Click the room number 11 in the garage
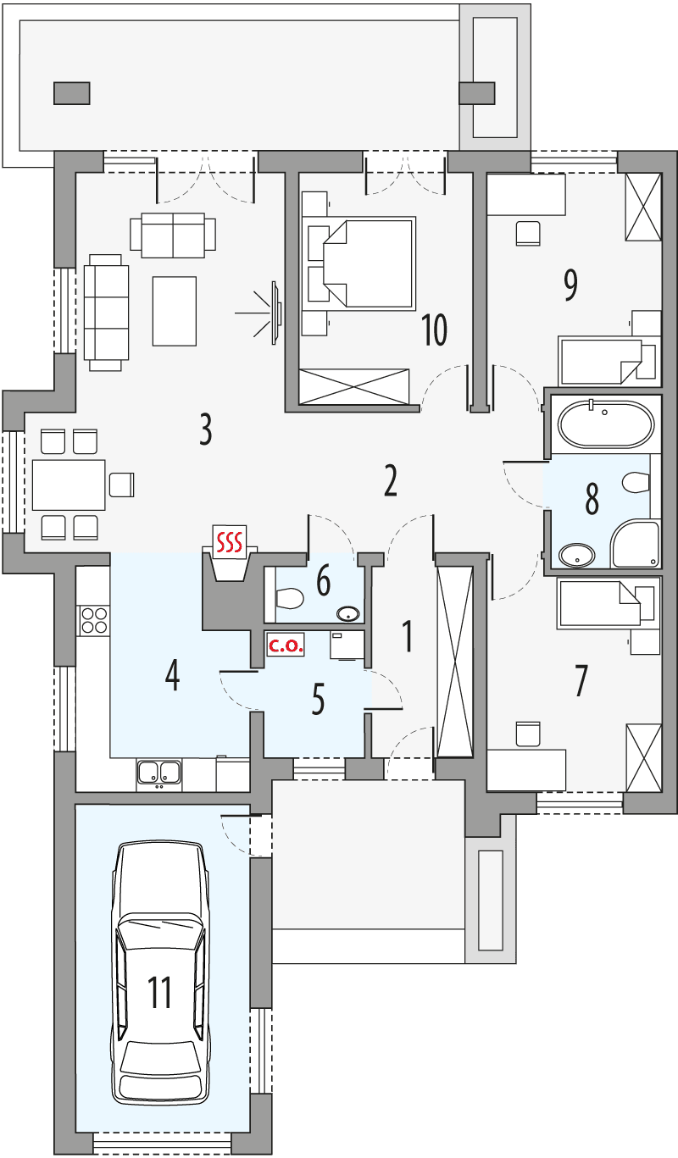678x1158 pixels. point(160,992)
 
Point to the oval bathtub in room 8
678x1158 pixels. point(605,424)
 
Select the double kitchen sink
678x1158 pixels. point(159,772)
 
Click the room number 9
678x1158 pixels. point(570,285)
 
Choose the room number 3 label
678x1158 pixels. point(204,430)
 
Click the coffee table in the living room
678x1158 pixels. point(174,311)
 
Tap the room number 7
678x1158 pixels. point(581,681)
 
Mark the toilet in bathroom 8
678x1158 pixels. point(636,482)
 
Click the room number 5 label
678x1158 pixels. point(318,701)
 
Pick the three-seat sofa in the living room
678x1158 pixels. point(106,311)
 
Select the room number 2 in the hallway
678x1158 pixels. point(390,480)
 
